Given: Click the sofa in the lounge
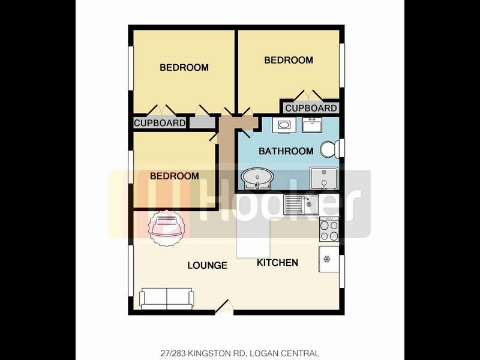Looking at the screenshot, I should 166,298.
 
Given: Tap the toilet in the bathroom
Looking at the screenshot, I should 331,148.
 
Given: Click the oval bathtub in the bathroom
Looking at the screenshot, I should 258,178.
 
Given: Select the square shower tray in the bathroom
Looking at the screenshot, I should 323,178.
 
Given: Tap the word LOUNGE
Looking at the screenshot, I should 207,265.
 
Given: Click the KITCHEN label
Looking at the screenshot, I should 277,263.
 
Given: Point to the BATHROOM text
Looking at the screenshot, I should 286,151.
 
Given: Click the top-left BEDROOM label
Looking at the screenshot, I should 184,67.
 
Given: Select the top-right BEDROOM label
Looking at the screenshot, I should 289,60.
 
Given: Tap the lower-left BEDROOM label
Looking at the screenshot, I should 174,176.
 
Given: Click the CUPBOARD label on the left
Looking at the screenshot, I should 160,123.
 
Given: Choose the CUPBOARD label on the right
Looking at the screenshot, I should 310,108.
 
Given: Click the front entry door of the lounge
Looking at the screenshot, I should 224,307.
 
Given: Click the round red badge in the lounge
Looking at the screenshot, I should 165,227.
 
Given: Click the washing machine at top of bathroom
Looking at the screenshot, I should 283,126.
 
